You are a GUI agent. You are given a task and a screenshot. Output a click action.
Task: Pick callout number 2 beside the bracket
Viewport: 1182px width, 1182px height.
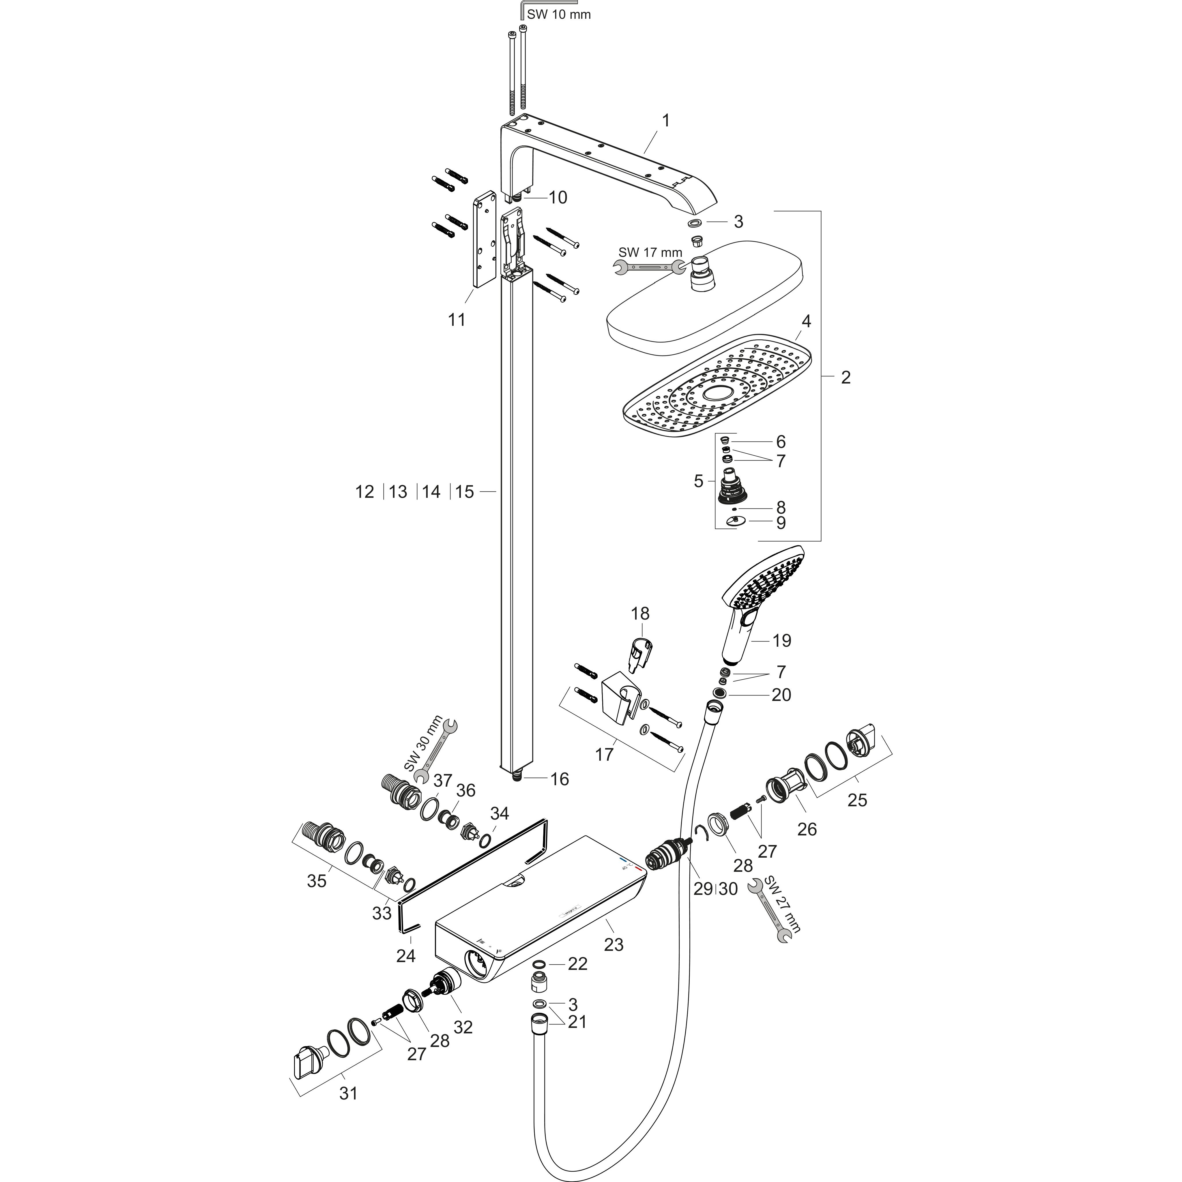[846, 377]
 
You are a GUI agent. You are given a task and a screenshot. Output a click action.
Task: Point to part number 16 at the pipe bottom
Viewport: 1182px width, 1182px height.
[559, 779]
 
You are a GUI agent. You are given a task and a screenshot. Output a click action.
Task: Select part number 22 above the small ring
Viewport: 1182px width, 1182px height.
[577, 964]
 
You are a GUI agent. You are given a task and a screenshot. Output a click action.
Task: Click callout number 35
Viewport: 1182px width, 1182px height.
[317, 881]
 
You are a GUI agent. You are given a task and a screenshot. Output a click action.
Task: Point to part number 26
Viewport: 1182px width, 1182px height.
[807, 829]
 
